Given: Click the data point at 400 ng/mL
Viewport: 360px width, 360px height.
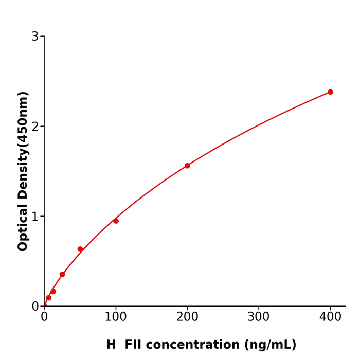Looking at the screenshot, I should (330, 92).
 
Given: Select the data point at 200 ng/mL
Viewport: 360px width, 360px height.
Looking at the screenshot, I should (187, 166).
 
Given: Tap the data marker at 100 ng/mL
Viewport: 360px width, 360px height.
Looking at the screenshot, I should (116, 221).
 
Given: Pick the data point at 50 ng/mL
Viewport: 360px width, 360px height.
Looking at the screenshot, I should (80, 249).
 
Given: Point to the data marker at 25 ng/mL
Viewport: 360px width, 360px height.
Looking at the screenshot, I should (62, 274).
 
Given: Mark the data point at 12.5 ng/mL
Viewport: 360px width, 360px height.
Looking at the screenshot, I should (53, 292).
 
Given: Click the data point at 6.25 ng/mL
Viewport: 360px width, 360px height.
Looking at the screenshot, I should (49, 298).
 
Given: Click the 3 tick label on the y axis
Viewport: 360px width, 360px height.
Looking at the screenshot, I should (35, 37).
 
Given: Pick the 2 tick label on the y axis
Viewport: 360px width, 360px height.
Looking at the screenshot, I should (35, 127).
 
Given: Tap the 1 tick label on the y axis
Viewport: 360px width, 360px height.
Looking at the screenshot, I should (35, 217).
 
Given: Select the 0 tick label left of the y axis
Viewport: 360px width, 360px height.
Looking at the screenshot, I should (35, 307).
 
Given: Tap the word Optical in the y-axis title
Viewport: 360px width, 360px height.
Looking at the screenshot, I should (23, 228).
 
